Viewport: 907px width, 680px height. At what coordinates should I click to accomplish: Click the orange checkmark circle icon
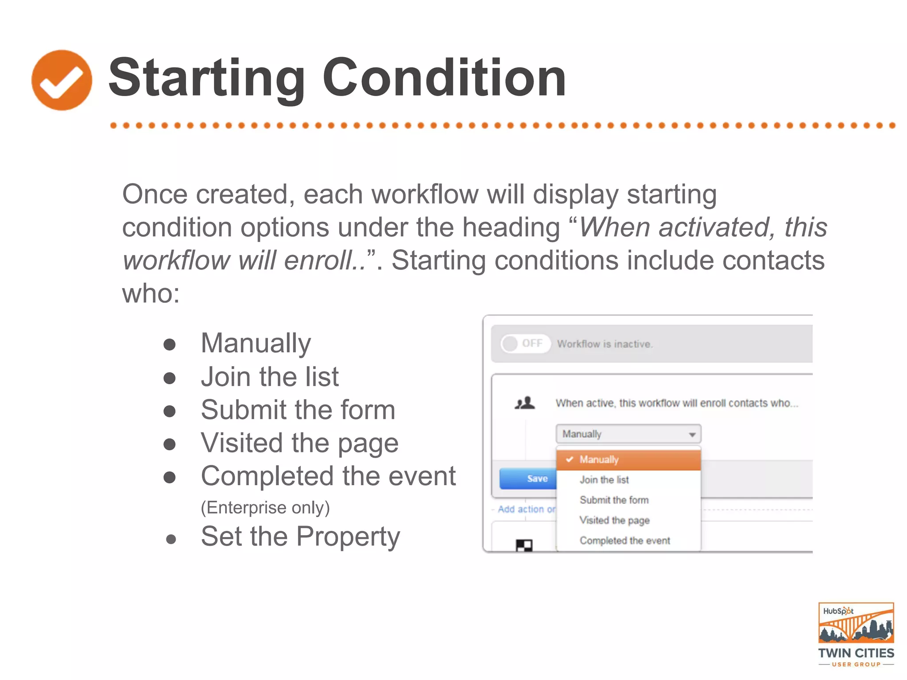tap(62, 80)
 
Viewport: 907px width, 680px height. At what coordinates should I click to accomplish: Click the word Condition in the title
tap(444, 78)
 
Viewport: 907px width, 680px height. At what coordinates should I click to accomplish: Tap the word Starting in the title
tap(206, 79)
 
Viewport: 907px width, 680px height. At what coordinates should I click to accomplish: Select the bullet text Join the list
tap(269, 377)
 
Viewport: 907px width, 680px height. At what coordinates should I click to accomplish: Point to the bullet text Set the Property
tap(300, 537)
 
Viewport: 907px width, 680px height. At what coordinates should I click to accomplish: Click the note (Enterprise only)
tap(265, 507)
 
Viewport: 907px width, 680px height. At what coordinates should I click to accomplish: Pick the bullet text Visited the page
tap(299, 443)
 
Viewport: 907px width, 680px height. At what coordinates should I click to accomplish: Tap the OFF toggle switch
tap(525, 344)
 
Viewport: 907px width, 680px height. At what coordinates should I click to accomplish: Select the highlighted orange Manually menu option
tap(628, 460)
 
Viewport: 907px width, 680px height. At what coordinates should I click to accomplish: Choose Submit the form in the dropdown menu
tap(614, 500)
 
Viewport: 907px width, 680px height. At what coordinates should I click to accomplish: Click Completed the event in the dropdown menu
tap(624, 541)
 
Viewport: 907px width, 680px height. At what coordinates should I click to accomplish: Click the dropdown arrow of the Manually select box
tap(692, 434)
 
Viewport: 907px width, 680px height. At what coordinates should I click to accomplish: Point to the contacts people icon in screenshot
tap(525, 403)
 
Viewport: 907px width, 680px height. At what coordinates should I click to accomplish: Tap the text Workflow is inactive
tap(605, 344)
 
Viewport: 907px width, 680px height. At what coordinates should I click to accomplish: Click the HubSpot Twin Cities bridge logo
tap(856, 623)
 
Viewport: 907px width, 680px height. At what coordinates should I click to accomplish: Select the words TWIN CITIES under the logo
tap(856, 653)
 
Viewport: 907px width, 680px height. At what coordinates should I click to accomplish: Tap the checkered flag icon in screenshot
tap(524, 545)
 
